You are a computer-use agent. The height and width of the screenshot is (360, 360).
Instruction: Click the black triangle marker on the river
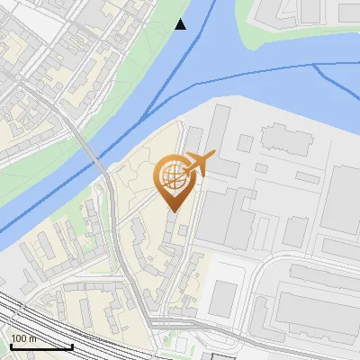coord(181,24)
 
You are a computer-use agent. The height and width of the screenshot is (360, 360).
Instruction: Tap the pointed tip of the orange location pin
coord(173,211)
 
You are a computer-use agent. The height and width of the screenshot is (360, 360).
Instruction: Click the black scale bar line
coord(40,347)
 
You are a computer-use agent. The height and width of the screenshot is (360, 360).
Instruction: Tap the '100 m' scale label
coord(24,338)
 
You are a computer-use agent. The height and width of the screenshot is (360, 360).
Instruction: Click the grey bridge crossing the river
coord(93,157)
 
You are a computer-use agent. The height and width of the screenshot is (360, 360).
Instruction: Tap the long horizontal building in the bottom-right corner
coord(315,310)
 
